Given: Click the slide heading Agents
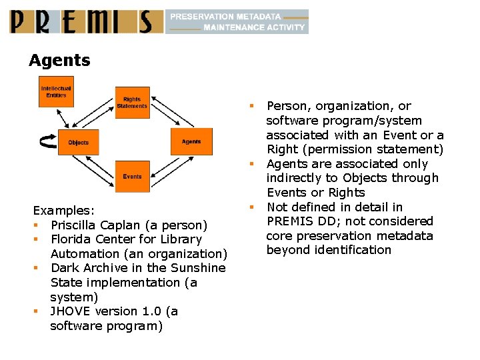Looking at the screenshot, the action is pos(59,61).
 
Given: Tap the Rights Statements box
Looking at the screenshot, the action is pos(132,103).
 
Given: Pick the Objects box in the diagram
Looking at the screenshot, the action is pos(78,142).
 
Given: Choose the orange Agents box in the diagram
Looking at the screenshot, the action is pos(191,141).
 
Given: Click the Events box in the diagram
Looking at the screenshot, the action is pos(132,177).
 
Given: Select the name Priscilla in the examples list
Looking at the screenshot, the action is pos(75,225).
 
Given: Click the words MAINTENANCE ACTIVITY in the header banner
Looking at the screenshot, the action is pos(254,28).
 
